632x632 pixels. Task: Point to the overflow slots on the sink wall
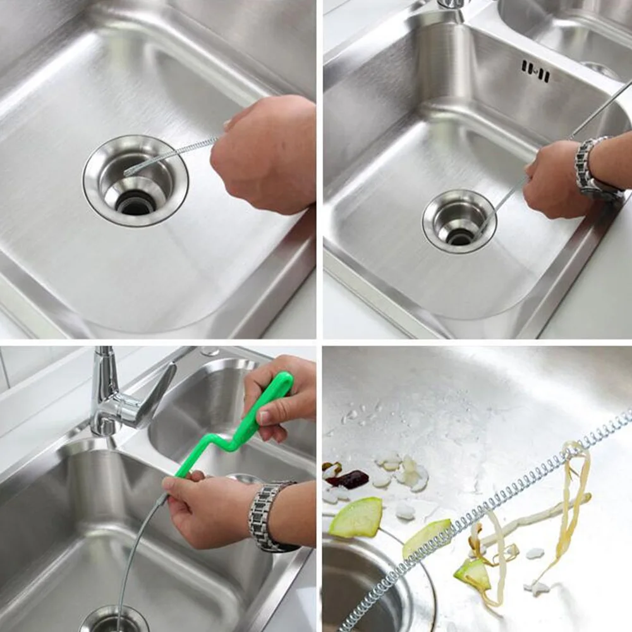(x=535, y=71)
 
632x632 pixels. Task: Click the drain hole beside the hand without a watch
(x=135, y=202)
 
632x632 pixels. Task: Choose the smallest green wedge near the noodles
(x=473, y=572)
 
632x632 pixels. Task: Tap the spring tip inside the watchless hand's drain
(x=130, y=171)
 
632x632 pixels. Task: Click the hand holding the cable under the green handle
(x=202, y=506)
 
